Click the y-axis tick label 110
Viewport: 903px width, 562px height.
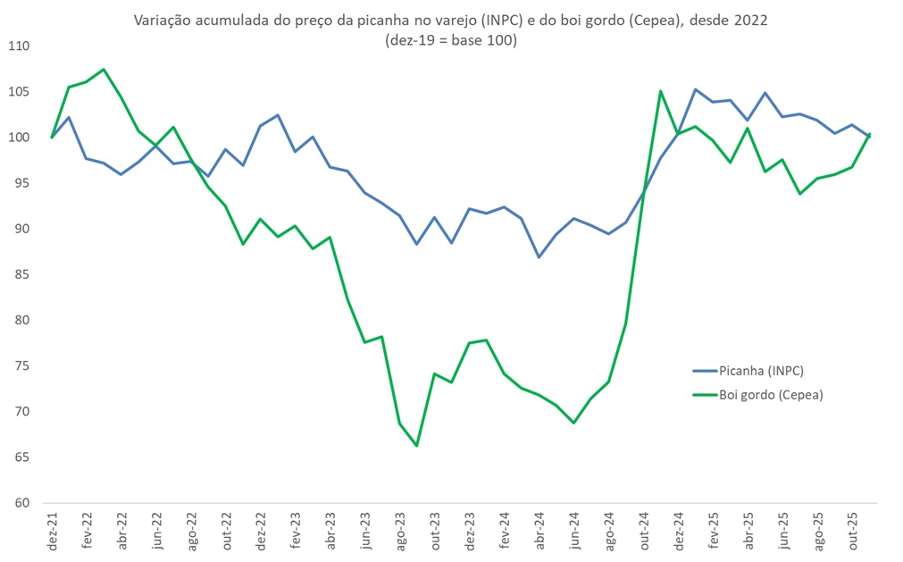point(19,46)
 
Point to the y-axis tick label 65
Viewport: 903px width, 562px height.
point(21,457)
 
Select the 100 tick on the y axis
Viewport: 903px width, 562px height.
point(19,138)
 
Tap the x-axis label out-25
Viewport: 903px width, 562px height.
point(854,528)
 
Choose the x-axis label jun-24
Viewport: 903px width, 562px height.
point(574,528)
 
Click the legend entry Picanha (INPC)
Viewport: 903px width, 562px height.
point(755,371)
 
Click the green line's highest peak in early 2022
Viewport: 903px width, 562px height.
point(104,69)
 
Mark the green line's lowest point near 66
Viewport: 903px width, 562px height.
point(416,445)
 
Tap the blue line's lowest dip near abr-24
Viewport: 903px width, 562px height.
point(539,257)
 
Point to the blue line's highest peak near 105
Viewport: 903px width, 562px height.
point(696,89)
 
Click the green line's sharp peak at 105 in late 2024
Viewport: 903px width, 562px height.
point(661,91)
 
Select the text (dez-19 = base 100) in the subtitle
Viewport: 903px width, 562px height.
point(450,40)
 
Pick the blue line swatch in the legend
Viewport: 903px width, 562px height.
point(704,371)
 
